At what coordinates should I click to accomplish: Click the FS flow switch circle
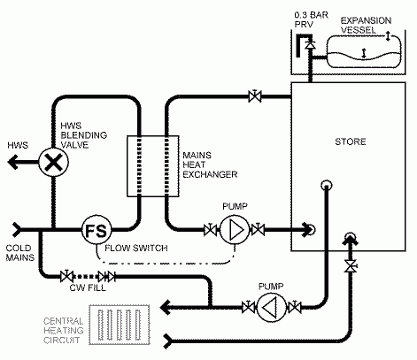(97, 230)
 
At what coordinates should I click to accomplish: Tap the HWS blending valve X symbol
(53, 162)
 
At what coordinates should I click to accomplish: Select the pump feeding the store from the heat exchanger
(235, 229)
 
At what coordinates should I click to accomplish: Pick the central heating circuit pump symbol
(271, 308)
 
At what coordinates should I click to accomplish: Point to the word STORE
(351, 142)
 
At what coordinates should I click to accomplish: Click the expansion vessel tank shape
(364, 51)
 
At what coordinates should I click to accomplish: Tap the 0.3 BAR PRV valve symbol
(310, 44)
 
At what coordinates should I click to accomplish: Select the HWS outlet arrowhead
(13, 162)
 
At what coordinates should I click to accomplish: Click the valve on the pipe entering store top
(255, 96)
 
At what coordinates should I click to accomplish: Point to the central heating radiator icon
(120, 325)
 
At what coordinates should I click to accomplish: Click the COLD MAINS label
(20, 253)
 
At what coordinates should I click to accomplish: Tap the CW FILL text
(88, 287)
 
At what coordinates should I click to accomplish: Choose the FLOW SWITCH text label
(136, 248)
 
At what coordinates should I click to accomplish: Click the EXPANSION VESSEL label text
(366, 25)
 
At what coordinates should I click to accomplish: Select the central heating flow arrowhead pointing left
(166, 308)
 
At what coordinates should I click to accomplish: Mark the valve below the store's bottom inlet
(351, 266)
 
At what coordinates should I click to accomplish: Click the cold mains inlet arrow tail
(17, 229)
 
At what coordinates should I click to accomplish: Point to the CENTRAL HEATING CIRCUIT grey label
(64, 330)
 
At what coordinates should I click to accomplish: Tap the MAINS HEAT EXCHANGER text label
(210, 165)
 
